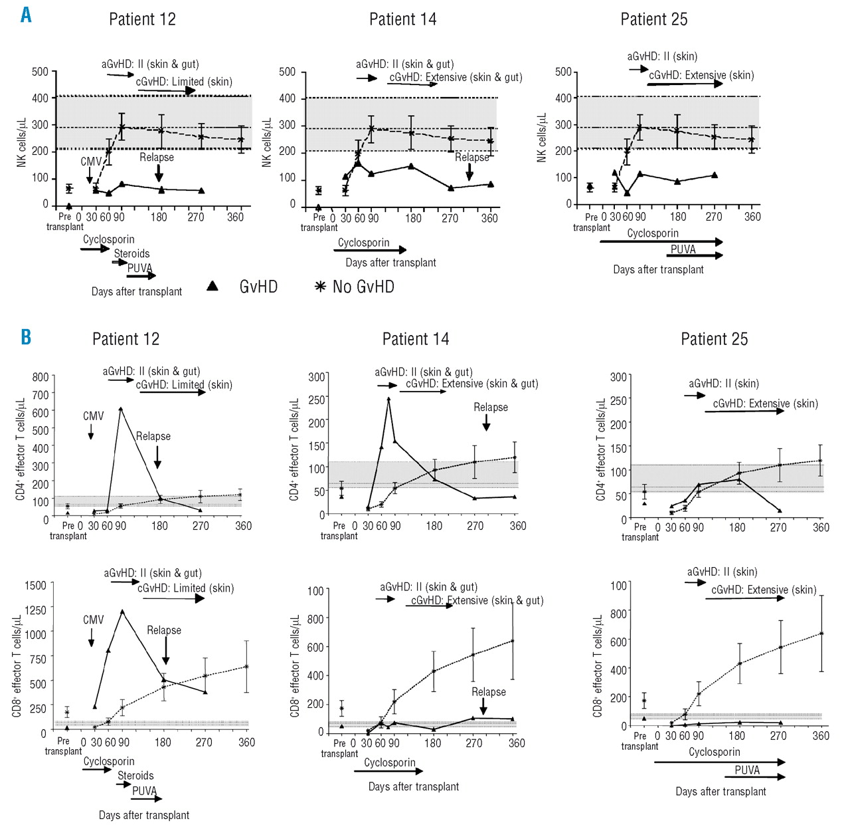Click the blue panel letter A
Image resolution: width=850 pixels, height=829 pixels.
point(26,14)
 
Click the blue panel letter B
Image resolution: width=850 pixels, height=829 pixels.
point(26,336)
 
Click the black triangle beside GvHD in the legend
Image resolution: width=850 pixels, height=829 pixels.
point(212,286)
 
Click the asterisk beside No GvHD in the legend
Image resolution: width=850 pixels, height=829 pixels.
point(320,287)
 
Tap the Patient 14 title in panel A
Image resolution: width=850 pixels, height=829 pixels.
point(402,19)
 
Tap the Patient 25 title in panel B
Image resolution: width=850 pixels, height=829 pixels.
point(714,339)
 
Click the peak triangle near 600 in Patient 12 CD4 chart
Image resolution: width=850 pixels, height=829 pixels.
point(121,409)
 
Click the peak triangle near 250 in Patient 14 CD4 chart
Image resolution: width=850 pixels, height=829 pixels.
point(388,399)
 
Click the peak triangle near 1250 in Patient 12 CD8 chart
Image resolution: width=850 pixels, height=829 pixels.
point(122,611)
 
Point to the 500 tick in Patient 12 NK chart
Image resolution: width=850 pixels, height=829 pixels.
point(40,72)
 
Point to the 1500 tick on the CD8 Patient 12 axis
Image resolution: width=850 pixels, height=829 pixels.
point(35,585)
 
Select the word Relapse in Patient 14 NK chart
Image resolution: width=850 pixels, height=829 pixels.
point(472,158)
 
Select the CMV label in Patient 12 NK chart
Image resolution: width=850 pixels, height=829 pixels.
point(91,162)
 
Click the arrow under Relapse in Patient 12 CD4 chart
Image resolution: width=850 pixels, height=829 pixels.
point(157,457)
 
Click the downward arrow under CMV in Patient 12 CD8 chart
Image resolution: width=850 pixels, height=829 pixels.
point(91,639)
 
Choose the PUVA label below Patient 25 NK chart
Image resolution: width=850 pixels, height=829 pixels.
point(683,249)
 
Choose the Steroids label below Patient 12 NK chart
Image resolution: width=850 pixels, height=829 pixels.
point(131,253)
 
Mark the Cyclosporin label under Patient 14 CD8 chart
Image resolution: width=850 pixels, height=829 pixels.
point(389,763)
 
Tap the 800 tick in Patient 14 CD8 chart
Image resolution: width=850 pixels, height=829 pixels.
point(315,618)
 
